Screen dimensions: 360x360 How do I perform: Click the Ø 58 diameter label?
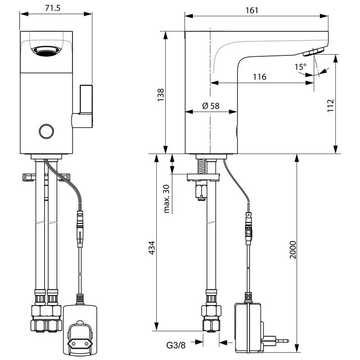coord(210,106)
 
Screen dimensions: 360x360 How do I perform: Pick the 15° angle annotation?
coord(300,67)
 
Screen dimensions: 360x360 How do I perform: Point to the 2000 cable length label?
coord(292,259)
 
